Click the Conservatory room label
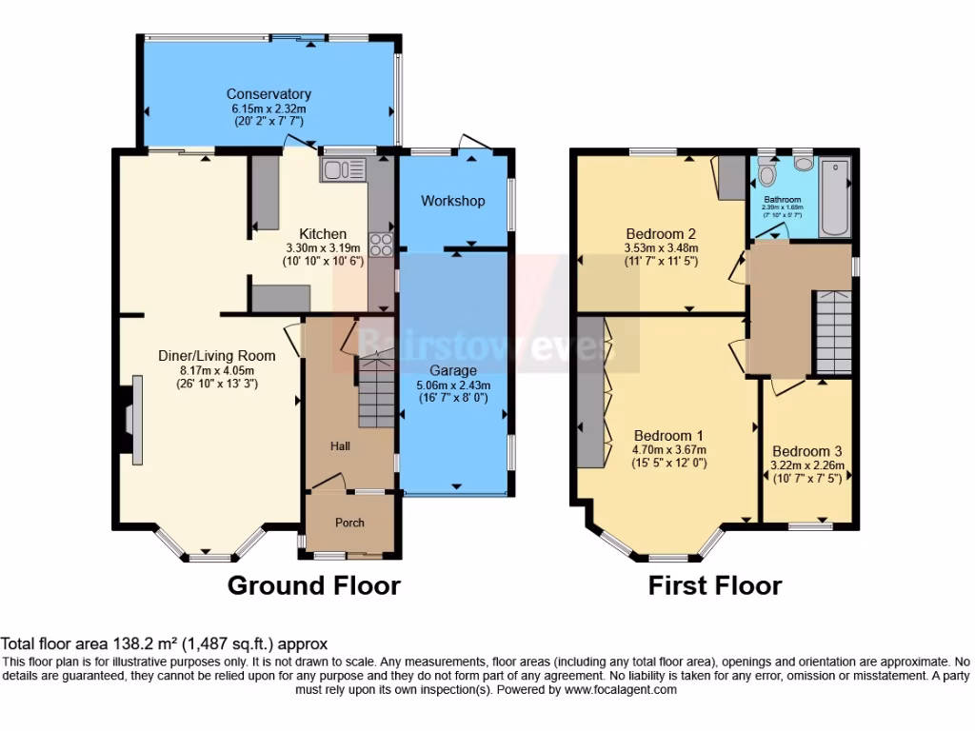pyautogui.click(x=269, y=94)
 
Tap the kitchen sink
pyautogui.click(x=343, y=169)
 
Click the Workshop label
pyautogui.click(x=453, y=201)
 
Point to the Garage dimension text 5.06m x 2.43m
pyautogui.click(x=453, y=385)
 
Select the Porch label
pyautogui.click(x=349, y=522)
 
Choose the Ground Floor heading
pyautogui.click(x=313, y=584)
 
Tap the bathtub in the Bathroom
pyautogui.click(x=834, y=197)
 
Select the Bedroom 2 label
pyautogui.click(x=662, y=234)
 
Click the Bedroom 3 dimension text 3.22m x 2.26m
pyautogui.click(x=807, y=466)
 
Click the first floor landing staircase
pyautogui.click(x=831, y=333)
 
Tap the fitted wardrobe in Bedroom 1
pyautogui.click(x=589, y=395)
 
